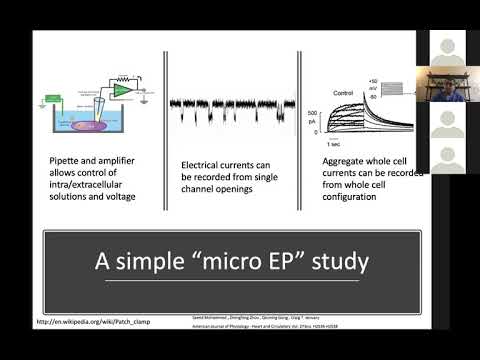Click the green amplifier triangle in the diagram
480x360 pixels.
[121, 91]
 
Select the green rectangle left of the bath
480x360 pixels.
[51, 99]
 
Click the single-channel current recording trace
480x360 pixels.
[229, 105]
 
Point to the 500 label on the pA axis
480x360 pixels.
[312, 111]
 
